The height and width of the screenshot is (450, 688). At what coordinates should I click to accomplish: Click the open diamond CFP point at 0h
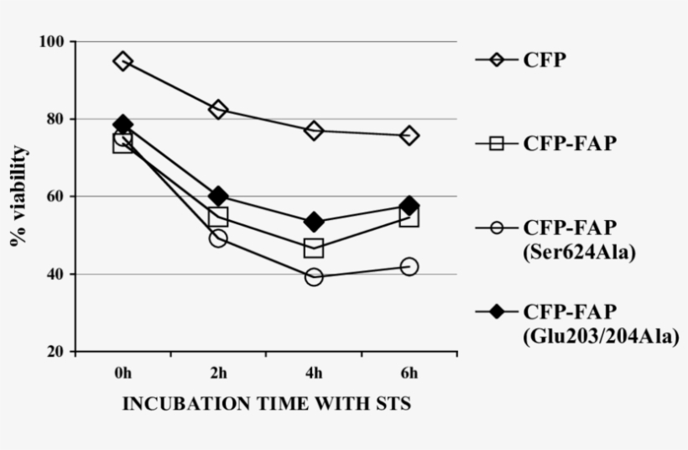pyautogui.click(x=123, y=61)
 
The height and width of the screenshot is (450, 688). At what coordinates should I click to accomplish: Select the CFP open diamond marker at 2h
pyautogui.click(x=218, y=109)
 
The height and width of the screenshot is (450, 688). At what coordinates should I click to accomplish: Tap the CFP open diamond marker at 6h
pyautogui.click(x=409, y=135)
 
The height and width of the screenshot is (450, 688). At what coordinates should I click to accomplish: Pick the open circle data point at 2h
pyautogui.click(x=218, y=238)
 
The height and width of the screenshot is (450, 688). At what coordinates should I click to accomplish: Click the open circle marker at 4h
pyautogui.click(x=314, y=276)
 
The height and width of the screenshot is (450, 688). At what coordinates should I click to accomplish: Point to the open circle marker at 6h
pyautogui.click(x=409, y=266)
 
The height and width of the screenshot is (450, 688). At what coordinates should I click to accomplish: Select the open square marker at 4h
pyautogui.click(x=314, y=248)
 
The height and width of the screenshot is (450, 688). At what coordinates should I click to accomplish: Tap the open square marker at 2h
pyautogui.click(x=218, y=217)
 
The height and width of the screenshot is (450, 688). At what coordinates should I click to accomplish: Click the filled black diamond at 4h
pyautogui.click(x=314, y=222)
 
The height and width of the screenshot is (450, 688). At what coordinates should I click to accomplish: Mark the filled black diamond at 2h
pyautogui.click(x=218, y=196)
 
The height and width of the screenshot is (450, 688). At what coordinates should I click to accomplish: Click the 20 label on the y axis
pyautogui.click(x=57, y=352)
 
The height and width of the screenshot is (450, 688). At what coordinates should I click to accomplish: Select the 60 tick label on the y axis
pyautogui.click(x=57, y=197)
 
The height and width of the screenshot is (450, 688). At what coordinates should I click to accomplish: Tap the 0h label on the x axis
pyautogui.click(x=122, y=373)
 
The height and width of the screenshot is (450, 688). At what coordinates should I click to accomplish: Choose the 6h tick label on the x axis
pyautogui.click(x=409, y=373)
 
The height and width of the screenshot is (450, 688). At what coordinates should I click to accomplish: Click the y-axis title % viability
pyautogui.click(x=18, y=196)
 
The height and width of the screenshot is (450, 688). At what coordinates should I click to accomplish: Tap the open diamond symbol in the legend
pyautogui.click(x=497, y=60)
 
